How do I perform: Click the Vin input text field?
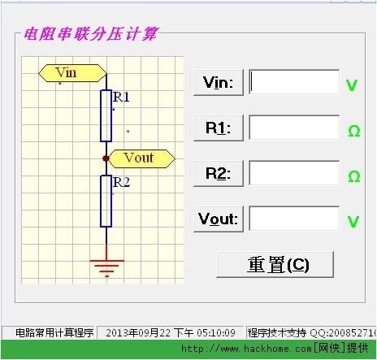pyautogui.click(x=294, y=82)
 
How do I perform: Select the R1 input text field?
pyautogui.click(x=294, y=128)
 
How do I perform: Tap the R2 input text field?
pyautogui.click(x=294, y=173)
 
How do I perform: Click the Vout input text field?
pyautogui.click(x=294, y=219)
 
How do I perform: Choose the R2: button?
pyautogui.click(x=219, y=173)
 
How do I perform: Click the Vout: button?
pyautogui.click(x=219, y=219)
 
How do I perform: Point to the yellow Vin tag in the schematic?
pyautogui.click(x=72, y=73)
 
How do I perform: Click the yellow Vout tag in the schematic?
pyautogui.click(x=141, y=158)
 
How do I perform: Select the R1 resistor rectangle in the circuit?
pyautogui.click(x=106, y=116)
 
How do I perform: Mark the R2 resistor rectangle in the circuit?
pyautogui.click(x=106, y=202)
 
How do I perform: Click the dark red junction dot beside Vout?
pyautogui.click(x=106, y=158)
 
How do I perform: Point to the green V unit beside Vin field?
pyautogui.click(x=352, y=85)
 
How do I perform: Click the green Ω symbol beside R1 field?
pyautogui.click(x=354, y=131)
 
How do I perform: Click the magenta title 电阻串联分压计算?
pyautogui.click(x=91, y=34)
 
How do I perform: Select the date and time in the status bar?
pyautogui.click(x=171, y=332)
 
